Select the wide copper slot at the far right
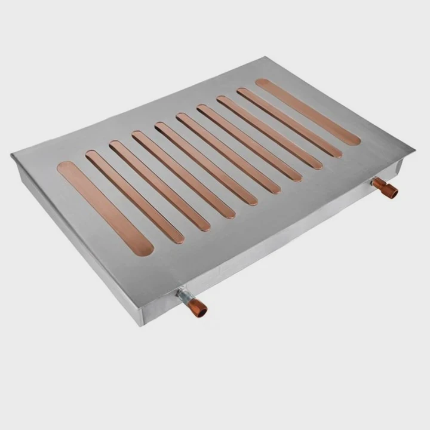coord(308,112)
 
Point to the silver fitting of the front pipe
coord(184,296)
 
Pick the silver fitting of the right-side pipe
coord(377,182)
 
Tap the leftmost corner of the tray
coord(13,156)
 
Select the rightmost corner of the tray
coord(413,148)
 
